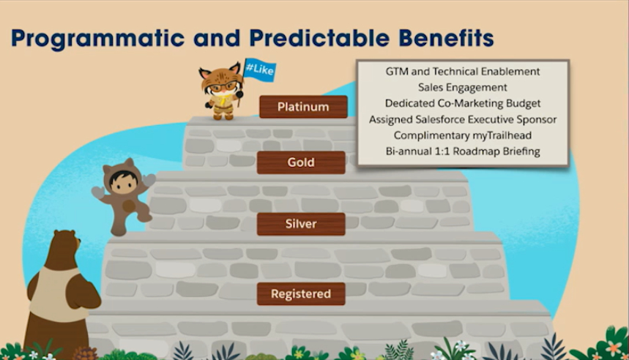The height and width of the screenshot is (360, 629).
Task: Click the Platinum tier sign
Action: tap(303, 107)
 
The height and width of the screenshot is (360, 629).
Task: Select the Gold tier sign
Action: tap(301, 162)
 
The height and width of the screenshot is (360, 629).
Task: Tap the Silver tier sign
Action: tap(301, 224)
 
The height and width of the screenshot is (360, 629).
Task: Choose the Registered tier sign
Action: tap(301, 294)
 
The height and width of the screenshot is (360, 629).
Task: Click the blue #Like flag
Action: tap(259, 70)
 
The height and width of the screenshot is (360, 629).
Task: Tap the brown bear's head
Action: tap(64, 248)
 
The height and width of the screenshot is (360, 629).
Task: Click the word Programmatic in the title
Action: tap(98, 39)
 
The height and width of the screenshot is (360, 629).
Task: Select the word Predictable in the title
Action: tap(319, 38)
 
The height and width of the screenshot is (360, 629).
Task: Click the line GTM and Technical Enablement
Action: tap(463, 72)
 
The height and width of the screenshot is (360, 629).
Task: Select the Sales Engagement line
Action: tap(463, 87)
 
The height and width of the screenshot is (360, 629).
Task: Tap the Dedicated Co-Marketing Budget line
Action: tap(463, 103)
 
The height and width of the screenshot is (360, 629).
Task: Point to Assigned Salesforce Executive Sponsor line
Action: tap(463, 119)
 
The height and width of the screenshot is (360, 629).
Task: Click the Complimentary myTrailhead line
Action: tap(463, 135)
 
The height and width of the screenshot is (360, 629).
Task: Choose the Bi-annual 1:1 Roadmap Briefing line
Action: tap(463, 151)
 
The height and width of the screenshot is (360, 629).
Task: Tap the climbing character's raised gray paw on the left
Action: tap(98, 193)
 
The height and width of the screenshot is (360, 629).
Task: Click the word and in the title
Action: tap(217, 38)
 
